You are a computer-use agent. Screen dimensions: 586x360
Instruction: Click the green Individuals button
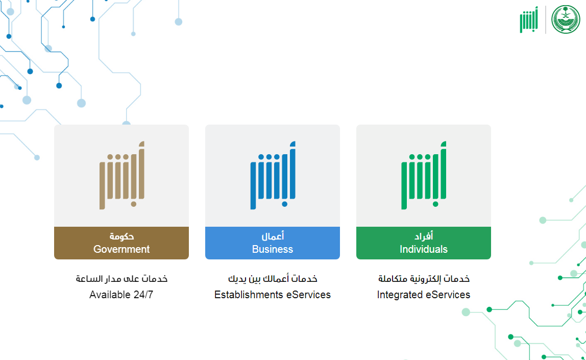(424, 243)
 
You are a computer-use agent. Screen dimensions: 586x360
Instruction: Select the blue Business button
(273, 243)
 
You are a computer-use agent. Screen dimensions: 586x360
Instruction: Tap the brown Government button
(121, 243)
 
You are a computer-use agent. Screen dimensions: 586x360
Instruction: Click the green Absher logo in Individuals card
(424, 175)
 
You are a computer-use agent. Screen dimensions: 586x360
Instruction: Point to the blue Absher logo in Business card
(273, 175)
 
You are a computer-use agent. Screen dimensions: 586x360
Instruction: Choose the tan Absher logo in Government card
(122, 175)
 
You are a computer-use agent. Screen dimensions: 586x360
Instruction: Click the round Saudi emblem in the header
(566, 19)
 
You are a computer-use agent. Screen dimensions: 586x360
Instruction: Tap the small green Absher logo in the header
(529, 19)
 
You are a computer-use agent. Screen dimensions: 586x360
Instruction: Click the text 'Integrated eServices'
(424, 295)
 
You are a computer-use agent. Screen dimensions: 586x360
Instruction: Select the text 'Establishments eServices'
(273, 295)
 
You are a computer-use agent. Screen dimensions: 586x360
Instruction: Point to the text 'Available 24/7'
(121, 295)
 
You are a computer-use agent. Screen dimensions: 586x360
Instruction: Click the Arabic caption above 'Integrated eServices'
(424, 278)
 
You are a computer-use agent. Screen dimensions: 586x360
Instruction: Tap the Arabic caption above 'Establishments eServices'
(273, 278)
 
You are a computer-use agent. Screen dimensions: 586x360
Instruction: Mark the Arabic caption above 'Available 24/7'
(121, 278)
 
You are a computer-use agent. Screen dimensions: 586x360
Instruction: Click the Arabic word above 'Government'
(121, 236)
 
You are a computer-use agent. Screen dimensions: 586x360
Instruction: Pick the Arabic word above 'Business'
(273, 236)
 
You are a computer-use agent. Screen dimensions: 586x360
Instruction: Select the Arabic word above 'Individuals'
(424, 236)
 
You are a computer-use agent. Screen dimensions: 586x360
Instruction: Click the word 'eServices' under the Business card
(308, 295)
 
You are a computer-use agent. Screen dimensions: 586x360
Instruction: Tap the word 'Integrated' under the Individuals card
(400, 295)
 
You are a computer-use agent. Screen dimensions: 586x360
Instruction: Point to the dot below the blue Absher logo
(285, 204)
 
